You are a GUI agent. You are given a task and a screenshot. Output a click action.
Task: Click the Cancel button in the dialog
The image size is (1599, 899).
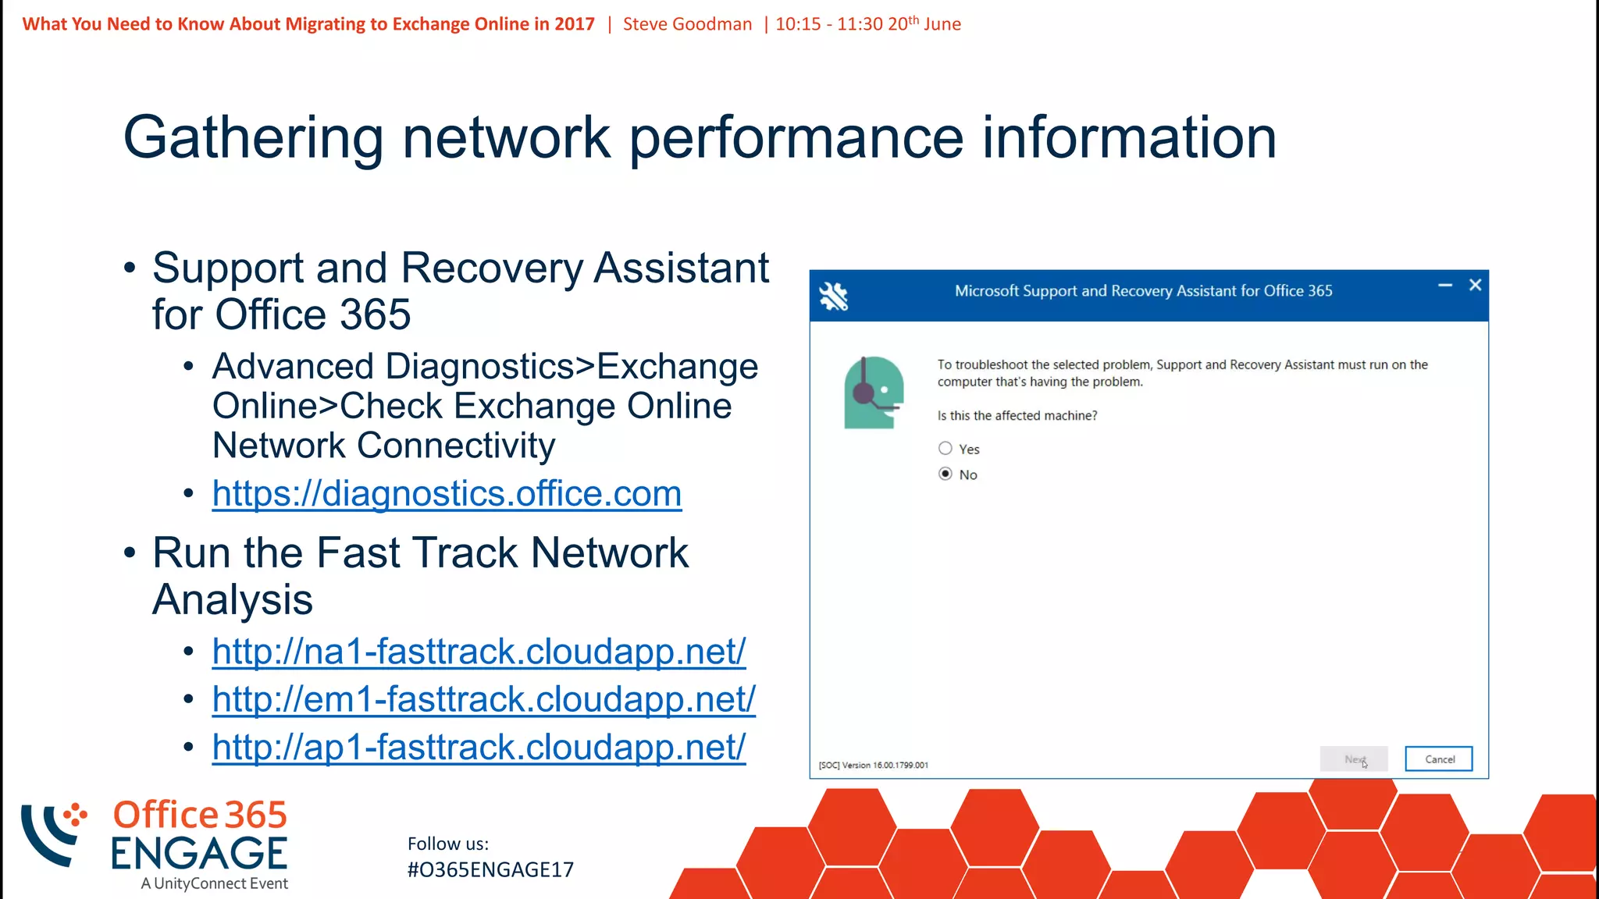(1438, 759)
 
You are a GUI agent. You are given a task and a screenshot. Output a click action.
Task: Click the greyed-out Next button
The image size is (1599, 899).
(1353, 759)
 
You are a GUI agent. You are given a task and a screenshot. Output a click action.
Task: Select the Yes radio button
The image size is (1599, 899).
(946, 449)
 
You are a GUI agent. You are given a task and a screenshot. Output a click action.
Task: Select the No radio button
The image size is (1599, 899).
(946, 474)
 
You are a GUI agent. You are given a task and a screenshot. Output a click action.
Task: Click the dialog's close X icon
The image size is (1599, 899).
(1475, 286)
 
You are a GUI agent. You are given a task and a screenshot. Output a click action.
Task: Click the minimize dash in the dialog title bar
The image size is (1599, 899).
(1445, 286)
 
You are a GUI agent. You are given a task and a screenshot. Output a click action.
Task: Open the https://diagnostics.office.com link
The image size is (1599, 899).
(447, 494)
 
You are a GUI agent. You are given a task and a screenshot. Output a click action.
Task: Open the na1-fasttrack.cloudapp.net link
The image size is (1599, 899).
(479, 652)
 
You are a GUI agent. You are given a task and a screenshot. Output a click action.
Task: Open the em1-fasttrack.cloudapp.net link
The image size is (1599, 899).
(483, 699)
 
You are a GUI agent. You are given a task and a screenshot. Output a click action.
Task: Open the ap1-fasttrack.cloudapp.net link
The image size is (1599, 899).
(479, 748)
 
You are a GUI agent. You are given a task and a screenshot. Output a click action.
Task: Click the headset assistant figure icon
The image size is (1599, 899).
(874, 393)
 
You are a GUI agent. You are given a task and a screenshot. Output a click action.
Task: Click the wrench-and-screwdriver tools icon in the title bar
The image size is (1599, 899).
(833, 296)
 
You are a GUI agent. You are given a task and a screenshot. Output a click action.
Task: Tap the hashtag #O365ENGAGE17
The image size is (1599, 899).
(490, 870)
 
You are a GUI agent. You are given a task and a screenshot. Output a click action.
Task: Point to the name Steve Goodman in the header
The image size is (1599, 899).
(687, 24)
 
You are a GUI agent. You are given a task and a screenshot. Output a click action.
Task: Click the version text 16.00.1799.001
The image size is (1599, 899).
(900, 766)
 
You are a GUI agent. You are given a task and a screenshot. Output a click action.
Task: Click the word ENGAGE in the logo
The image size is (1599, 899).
(199, 854)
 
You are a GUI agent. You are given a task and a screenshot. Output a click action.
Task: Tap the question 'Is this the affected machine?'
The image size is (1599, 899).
(1017, 416)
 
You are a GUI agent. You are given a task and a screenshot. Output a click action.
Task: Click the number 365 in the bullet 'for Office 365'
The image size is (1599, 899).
(375, 315)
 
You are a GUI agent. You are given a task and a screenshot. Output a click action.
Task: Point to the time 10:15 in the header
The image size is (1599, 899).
(798, 24)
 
